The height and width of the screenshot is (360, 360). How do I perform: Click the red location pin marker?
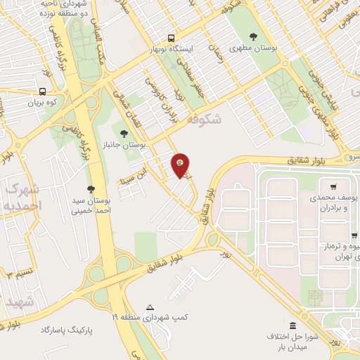(x=181, y=164)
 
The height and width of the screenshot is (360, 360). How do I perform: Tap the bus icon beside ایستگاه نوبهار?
(x=172, y=39)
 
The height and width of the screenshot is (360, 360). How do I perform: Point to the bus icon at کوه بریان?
(x=44, y=91)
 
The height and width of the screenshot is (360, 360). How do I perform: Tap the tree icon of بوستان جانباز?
(x=124, y=132)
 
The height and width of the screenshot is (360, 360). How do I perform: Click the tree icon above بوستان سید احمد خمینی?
(x=91, y=188)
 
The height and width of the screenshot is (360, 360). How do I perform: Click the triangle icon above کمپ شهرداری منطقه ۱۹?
(x=150, y=307)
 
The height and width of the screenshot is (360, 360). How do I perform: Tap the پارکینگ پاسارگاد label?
(x=67, y=329)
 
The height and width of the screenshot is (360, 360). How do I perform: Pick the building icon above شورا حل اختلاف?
(x=293, y=326)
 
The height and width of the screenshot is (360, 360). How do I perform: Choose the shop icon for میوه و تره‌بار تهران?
(x=353, y=236)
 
